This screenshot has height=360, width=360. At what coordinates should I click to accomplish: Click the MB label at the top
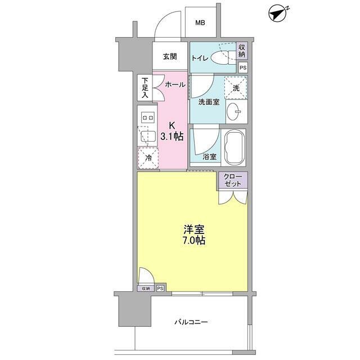click(200, 23)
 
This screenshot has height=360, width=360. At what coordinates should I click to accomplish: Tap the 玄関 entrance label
click(170, 56)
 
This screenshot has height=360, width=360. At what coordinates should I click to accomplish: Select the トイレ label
click(200, 58)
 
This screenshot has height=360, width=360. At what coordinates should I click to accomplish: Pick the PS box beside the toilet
click(242, 67)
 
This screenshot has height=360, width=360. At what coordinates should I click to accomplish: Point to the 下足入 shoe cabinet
click(145, 87)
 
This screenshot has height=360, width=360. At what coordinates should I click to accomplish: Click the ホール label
click(175, 84)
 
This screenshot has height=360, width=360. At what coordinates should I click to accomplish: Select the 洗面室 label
click(208, 102)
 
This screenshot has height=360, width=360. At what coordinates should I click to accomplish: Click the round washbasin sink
click(236, 113)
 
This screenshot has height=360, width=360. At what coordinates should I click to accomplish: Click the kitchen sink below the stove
click(148, 136)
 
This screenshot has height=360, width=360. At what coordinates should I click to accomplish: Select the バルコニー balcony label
click(191, 322)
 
